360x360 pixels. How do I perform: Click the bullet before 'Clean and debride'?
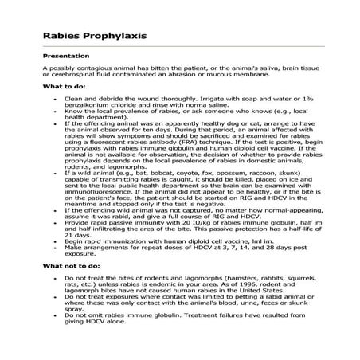(x=55, y=97)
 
